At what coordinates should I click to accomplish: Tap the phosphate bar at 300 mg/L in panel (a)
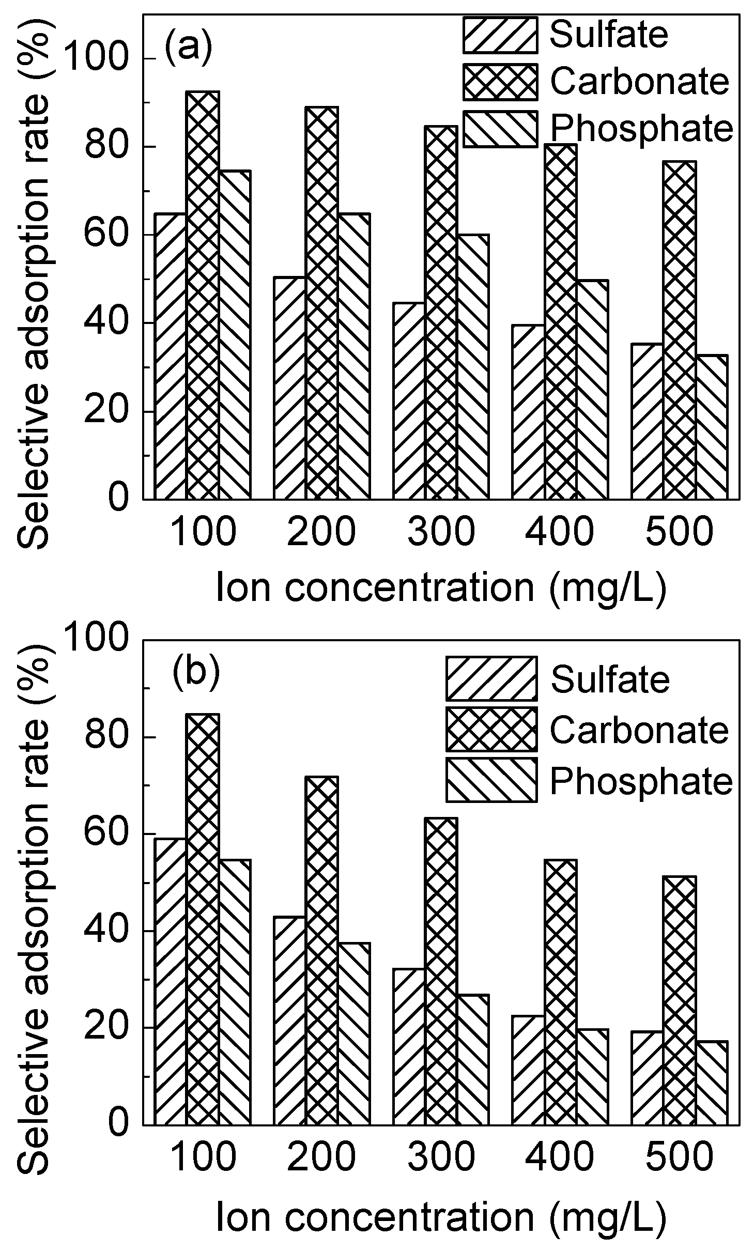pos(473,367)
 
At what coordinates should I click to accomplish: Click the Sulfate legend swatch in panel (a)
pos(500,35)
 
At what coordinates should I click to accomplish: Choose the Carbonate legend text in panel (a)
pos(640,82)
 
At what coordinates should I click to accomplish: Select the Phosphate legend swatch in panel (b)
pos(491,780)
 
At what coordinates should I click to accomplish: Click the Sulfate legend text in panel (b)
pos(610,679)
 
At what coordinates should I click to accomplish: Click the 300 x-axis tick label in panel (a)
pos(440,532)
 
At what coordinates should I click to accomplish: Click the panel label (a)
pos(188,48)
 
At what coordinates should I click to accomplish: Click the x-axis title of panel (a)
pos(440,588)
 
